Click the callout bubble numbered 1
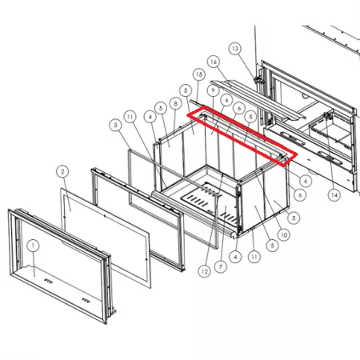point(33,246)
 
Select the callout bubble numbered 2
point(62,171)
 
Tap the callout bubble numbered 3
point(115,125)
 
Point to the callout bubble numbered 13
point(234,49)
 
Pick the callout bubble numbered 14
point(334,195)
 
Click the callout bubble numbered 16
point(214,62)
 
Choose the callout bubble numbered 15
point(199,74)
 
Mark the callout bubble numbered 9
point(213,90)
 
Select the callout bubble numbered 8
point(175,103)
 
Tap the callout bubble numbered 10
point(284,235)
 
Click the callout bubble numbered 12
point(205,271)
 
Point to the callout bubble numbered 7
point(221,266)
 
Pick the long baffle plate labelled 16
point(256,98)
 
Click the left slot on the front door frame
point(48,280)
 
